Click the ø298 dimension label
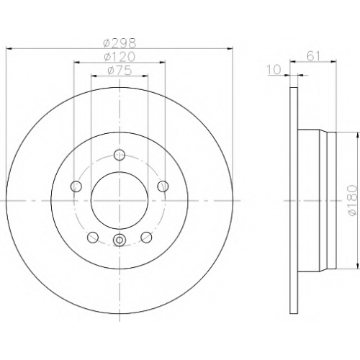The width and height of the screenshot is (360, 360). (120, 43)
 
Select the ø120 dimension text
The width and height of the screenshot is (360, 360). (120, 57)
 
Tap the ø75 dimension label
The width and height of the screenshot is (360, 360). (120, 71)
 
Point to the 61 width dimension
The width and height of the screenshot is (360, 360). (313, 56)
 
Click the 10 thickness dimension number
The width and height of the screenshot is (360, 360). (274, 70)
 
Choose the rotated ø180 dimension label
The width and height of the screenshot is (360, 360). (354, 200)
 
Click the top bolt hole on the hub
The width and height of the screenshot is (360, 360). (120, 155)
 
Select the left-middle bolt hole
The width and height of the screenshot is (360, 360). (76, 186)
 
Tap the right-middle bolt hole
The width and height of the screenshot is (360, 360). (163, 186)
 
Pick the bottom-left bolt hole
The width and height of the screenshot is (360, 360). (93, 238)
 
